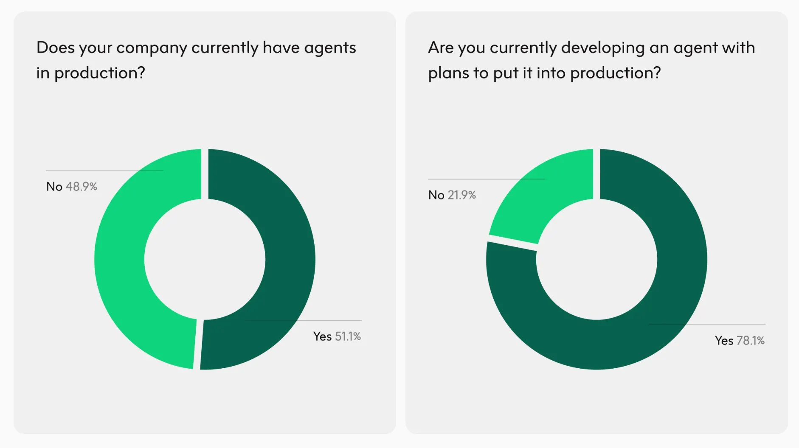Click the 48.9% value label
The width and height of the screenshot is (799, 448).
(81, 187)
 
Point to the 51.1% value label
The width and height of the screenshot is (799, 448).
(348, 336)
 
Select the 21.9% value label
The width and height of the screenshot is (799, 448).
(461, 195)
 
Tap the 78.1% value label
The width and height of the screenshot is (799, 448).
(750, 341)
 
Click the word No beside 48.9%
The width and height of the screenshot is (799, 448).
(54, 187)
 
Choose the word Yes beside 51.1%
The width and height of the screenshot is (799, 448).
(322, 336)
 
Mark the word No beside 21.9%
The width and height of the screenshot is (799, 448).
(436, 195)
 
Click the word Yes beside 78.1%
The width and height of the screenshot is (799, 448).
(724, 341)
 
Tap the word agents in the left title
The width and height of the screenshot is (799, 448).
(330, 48)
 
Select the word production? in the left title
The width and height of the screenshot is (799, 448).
(100, 73)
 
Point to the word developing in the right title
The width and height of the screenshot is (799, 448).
(602, 48)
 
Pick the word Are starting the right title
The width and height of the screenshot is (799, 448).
(441, 48)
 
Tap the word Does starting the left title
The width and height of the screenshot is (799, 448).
(55, 48)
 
